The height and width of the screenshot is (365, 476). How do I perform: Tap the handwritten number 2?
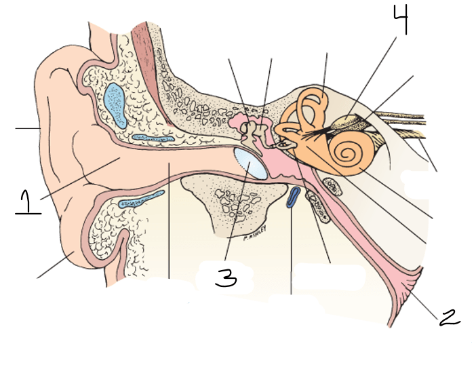click(x=450, y=317)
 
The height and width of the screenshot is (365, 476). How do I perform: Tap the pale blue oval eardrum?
click(x=250, y=165)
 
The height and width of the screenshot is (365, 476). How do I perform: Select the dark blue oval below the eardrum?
click(x=293, y=197)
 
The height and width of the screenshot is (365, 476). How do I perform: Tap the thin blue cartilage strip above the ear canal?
click(x=153, y=138)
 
